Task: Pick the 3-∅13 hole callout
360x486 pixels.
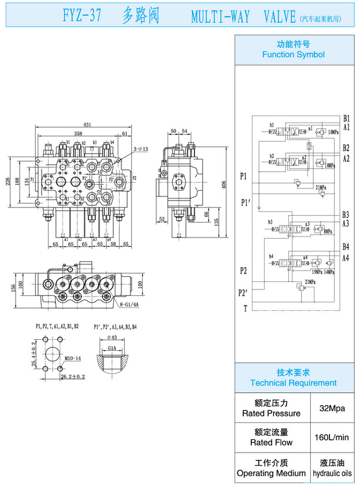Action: coord(141,150)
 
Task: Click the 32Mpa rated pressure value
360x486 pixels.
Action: coord(332,408)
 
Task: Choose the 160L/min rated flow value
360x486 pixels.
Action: coord(332,437)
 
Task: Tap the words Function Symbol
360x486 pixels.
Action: coord(293,55)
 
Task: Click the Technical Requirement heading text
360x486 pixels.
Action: coord(293,383)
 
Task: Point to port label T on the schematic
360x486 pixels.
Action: coord(245,309)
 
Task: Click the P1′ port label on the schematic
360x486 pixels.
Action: coord(246,203)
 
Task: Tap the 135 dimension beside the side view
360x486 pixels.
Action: coord(216,221)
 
